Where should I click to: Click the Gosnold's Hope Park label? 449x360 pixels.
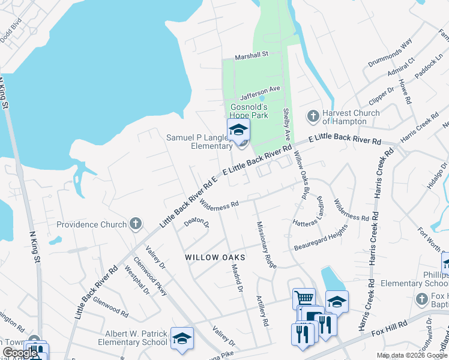pyautogui.click(x=253, y=112)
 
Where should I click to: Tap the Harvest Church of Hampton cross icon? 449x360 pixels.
pyautogui.click(x=313, y=115)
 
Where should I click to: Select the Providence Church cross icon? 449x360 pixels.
pyautogui.click(x=136, y=224)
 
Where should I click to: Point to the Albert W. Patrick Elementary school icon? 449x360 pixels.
pyautogui.click(x=182, y=338)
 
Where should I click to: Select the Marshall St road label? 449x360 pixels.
pyautogui.click(x=251, y=55)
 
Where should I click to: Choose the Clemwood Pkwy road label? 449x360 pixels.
pyautogui.click(x=150, y=277)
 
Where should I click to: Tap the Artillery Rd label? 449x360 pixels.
pyautogui.click(x=262, y=310)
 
